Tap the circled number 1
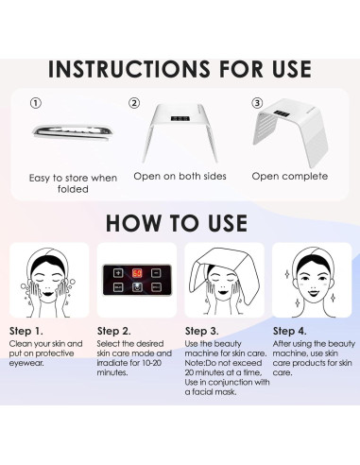[x=36, y=102]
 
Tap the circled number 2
[x=135, y=102]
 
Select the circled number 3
[x=256, y=102]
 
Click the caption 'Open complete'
[x=293, y=176]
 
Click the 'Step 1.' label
[x=28, y=331]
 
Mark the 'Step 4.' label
[x=290, y=331]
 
